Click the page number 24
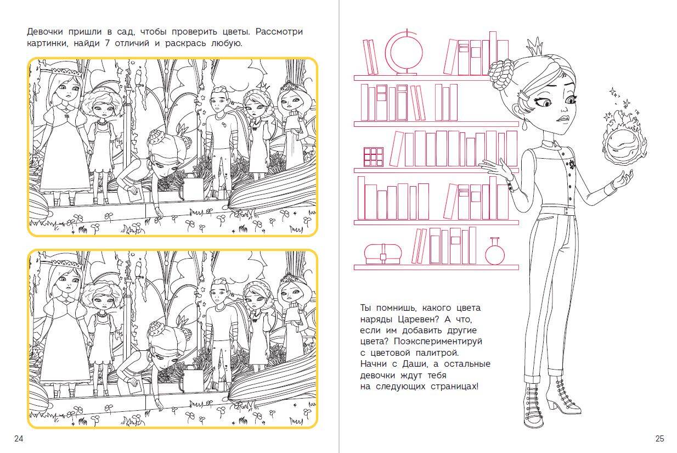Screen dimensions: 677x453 click(19, 439)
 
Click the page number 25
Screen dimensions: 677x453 click(660, 439)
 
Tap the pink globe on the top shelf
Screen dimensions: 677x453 click(405, 53)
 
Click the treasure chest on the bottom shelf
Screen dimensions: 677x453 click(383, 254)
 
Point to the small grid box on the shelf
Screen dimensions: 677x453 click(373, 157)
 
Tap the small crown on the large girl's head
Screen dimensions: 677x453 click(534, 46)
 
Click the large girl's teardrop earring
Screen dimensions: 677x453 click(524, 125)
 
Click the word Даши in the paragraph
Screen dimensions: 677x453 click(415, 363)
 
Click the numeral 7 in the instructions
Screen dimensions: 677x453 click(107, 43)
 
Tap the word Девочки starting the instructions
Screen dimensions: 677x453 click(45, 32)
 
